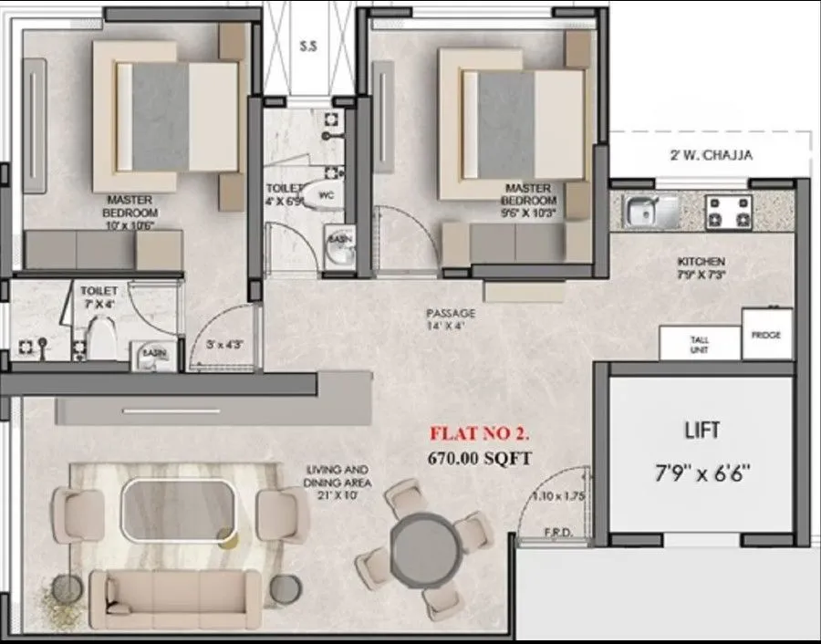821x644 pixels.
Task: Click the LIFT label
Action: click(x=701, y=429)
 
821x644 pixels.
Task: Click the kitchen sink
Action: click(x=650, y=212)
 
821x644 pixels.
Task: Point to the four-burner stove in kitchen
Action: click(x=728, y=213)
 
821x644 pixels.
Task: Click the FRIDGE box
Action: click(x=766, y=335)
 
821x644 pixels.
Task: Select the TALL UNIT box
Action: click(x=700, y=345)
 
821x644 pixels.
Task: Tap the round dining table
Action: click(x=429, y=546)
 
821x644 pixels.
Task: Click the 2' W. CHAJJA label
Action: click(x=711, y=155)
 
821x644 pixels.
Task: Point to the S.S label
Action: click(x=307, y=46)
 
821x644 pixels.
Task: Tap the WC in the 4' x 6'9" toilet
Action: click(x=322, y=194)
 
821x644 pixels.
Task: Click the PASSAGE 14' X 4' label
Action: click(x=451, y=319)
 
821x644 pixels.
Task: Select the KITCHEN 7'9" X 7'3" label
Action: click(x=701, y=268)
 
